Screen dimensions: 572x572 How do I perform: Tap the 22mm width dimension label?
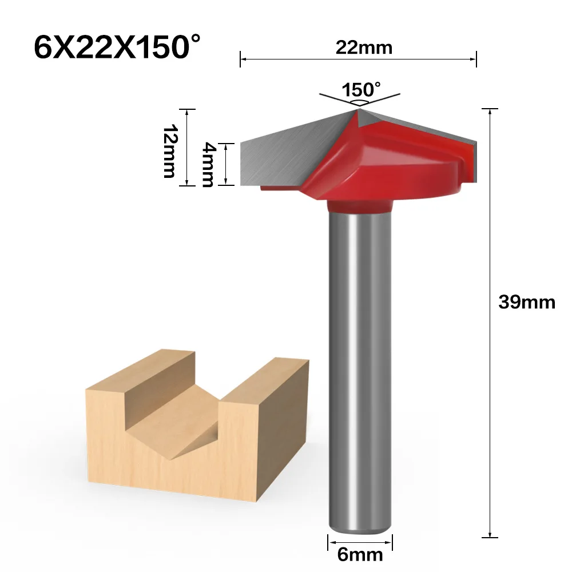point(364,47)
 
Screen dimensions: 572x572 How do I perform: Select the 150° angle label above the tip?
point(361,90)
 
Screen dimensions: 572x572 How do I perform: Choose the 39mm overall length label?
point(526,302)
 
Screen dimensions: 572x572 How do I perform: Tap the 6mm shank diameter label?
point(360,554)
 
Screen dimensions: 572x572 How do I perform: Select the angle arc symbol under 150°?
point(359,101)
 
